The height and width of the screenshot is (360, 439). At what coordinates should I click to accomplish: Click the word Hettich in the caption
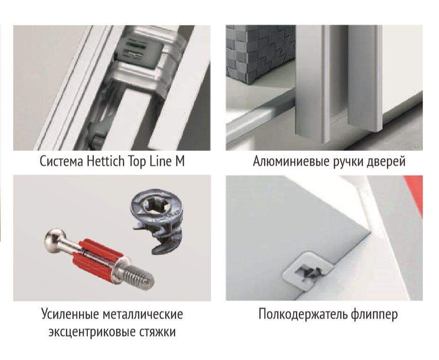[106, 161]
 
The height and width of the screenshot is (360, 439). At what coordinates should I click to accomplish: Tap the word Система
[61, 161]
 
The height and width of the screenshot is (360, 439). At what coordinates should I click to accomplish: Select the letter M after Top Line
[180, 161]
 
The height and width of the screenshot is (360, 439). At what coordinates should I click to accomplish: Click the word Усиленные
[70, 314]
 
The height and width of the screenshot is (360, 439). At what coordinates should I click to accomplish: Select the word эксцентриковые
[92, 333]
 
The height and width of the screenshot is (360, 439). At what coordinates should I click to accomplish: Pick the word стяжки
[157, 332]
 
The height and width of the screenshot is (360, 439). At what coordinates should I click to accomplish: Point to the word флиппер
[374, 314]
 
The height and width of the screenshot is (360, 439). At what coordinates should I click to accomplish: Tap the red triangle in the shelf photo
[413, 193]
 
